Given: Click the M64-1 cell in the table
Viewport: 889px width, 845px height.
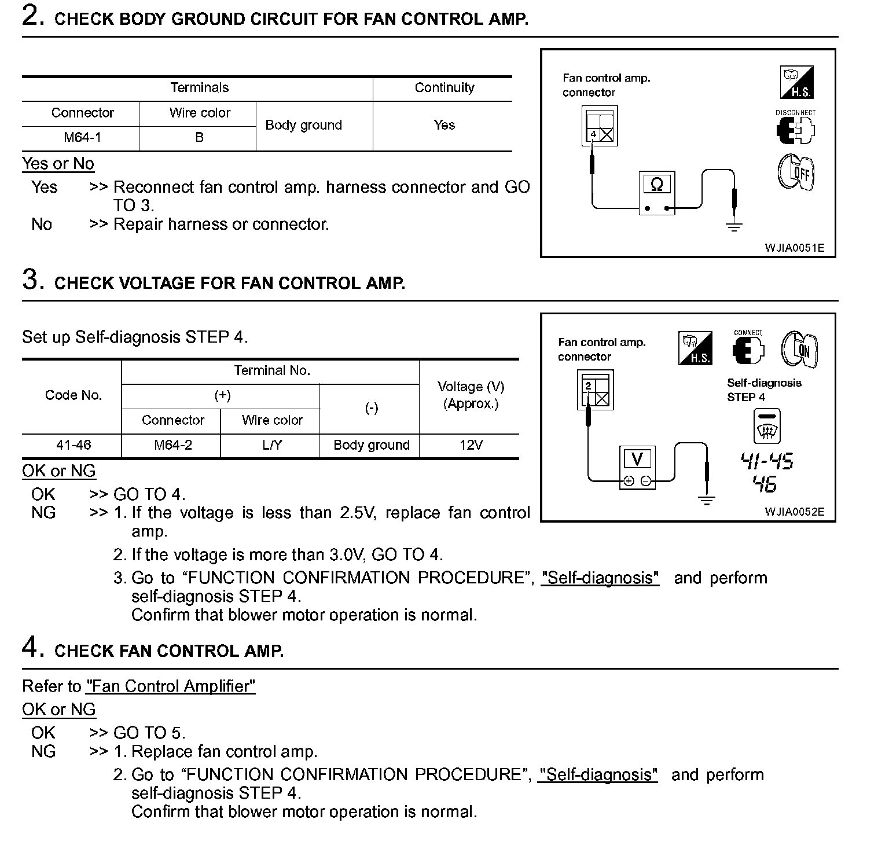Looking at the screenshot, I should (82, 137).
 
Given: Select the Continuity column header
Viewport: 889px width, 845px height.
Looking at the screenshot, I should (444, 87).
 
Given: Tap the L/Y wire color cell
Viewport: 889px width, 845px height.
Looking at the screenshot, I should (272, 445).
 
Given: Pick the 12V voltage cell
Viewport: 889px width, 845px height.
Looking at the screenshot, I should (471, 445).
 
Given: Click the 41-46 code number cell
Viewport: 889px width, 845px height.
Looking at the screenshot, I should (74, 445).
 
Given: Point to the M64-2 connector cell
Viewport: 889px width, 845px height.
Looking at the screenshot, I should (173, 445).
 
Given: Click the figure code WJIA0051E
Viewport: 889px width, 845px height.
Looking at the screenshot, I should (794, 248).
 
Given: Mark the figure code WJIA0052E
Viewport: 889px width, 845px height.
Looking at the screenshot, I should (794, 512).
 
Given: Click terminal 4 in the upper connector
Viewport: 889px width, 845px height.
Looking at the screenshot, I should (593, 135).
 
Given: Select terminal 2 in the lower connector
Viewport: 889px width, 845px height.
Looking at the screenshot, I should (588, 385).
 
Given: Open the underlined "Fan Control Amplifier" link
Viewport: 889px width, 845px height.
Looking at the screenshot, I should (171, 686).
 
